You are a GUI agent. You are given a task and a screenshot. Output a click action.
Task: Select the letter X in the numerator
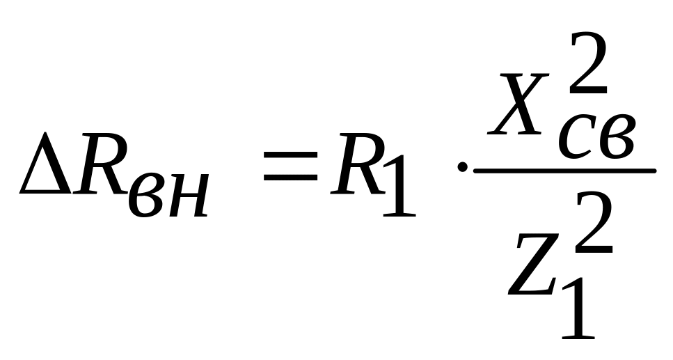coord(516,111)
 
